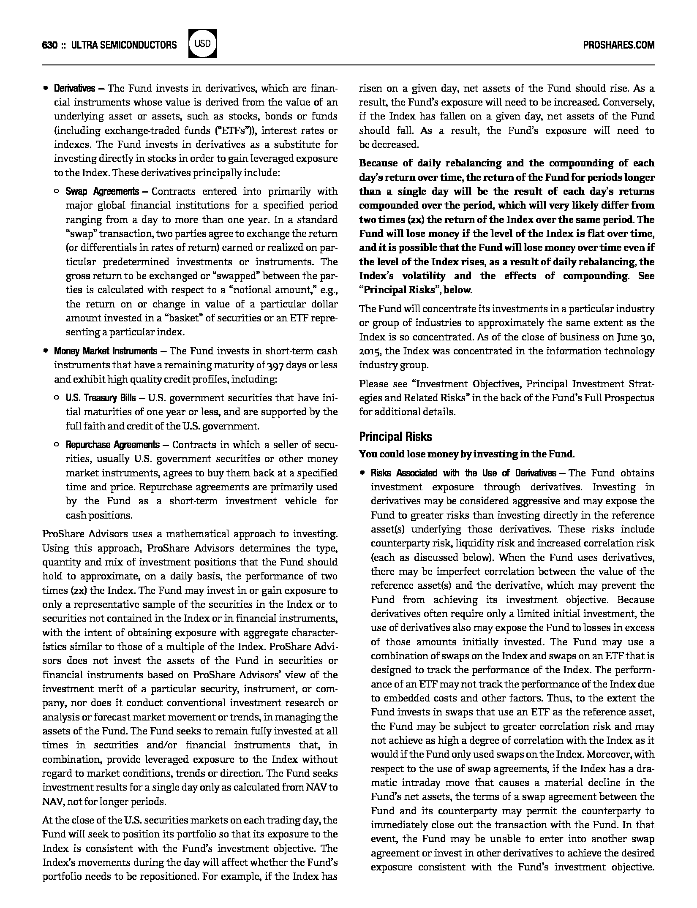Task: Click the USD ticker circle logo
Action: (x=203, y=43)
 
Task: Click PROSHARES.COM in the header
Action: (x=618, y=45)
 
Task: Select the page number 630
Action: (x=50, y=45)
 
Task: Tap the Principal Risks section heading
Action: (x=395, y=436)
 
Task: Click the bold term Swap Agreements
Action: (x=102, y=192)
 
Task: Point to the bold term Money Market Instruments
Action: (x=105, y=351)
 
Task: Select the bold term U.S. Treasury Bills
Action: (x=101, y=398)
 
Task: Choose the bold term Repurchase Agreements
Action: (x=112, y=445)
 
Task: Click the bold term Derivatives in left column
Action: (x=74, y=89)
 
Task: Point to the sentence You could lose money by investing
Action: (x=466, y=455)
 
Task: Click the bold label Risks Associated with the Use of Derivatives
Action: (x=463, y=473)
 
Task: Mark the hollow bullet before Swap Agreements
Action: (x=56, y=192)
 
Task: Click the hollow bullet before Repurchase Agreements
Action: (x=56, y=445)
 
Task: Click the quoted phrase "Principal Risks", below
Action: (x=416, y=290)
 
